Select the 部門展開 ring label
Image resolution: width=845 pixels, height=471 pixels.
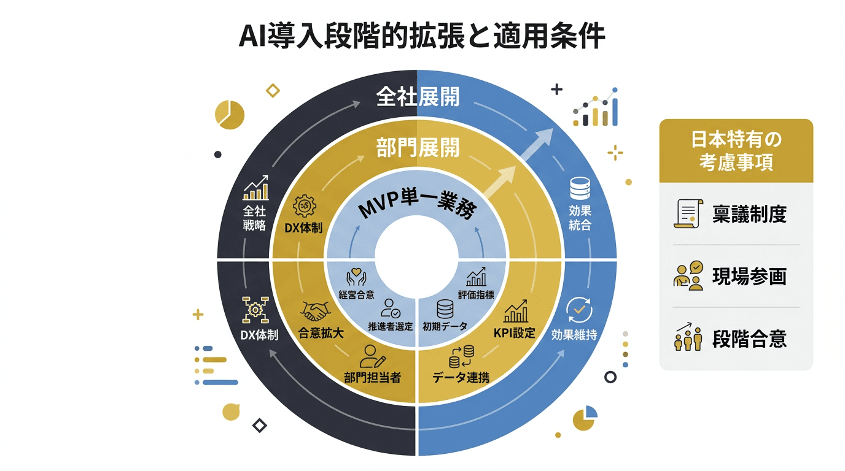pos(418,148)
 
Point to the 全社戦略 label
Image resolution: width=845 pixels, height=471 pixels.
pos(254,218)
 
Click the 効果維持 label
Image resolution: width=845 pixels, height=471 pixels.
pos(574,335)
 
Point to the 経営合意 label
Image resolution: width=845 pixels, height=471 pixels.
pos(356,294)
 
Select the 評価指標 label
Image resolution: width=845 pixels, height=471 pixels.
pos(476,294)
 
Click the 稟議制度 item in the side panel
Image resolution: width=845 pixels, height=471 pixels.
pos(749,213)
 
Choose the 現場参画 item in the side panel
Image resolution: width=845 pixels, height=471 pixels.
pos(749,277)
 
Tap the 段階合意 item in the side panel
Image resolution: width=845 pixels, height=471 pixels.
pos(749,339)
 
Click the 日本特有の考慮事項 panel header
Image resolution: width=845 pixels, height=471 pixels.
pos(736,151)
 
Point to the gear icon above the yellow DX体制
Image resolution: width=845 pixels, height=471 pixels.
pos(303,206)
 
